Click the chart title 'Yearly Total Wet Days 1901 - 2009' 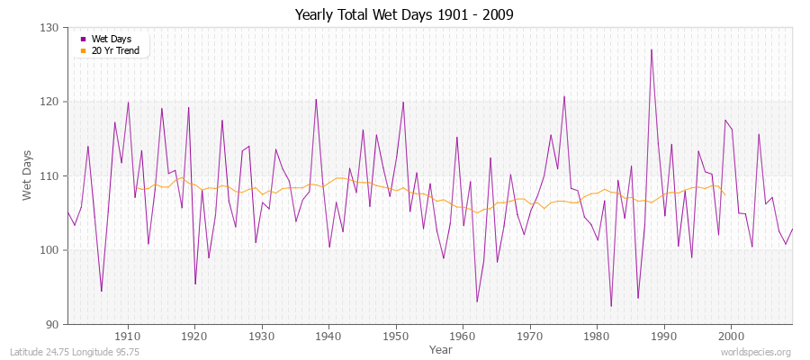(404, 15)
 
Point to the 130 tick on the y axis (50, 28)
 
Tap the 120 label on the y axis (50, 102)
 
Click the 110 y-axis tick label (50, 175)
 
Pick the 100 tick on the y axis (50, 250)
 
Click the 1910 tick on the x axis (128, 334)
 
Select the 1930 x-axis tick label (262, 334)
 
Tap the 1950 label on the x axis (396, 334)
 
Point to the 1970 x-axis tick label (530, 334)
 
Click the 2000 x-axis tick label (731, 334)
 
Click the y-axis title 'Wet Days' (28, 176)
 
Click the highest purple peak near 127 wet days (651, 49)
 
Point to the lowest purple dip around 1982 (611, 306)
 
